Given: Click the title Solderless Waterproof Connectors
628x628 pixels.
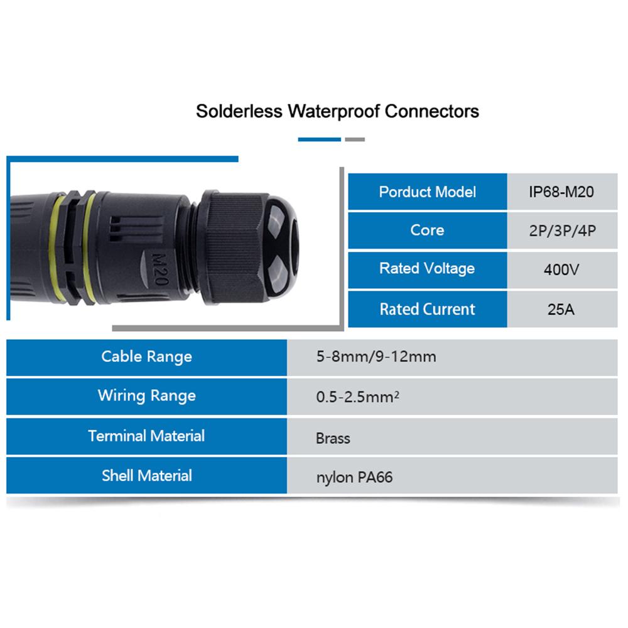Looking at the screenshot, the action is pos(337,111).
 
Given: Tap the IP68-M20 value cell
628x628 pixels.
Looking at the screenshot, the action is pos(562,192).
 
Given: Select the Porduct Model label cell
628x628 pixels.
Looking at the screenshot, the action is pos(427,192).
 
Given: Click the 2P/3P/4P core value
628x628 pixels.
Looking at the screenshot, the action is pos(562,230).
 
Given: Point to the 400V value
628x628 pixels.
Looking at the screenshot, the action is pos(561,269).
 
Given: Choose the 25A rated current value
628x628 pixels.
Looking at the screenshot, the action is pos(561,309).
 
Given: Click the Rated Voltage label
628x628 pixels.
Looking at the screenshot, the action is pos(427,268).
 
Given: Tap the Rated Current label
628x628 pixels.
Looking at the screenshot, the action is pos(427,309).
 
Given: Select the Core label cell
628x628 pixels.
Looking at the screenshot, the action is pos(427,230).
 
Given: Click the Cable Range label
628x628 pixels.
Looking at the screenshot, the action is pos(146,357).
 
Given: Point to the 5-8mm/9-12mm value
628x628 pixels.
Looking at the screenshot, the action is pos(376,357).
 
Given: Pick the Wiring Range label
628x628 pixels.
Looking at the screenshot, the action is pos(146,396).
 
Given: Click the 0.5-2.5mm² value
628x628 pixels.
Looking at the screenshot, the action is pos(357,397).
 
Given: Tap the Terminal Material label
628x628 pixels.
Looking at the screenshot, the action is pos(146,436).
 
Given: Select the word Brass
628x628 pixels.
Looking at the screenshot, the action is pos(333,438).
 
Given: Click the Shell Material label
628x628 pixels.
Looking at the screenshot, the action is pos(146,475).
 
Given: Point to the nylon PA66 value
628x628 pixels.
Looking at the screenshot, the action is pos(354,477).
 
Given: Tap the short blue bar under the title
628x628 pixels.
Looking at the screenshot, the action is pos(319,139).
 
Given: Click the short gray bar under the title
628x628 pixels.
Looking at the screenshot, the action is pos(355,139).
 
